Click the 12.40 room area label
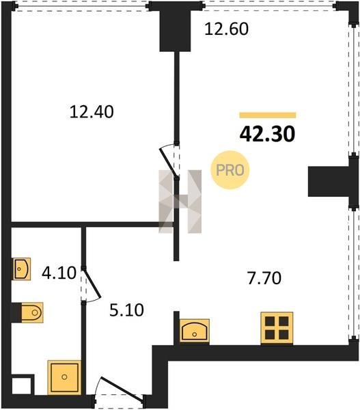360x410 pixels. (92, 111)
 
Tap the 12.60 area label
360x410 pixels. (226, 29)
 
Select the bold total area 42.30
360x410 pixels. (267, 134)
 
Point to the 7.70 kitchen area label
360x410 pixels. (264, 278)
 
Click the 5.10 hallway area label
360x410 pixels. (126, 310)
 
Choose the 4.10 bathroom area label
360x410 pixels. (59, 273)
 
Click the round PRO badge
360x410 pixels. (230, 170)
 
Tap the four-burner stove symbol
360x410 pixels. (277, 328)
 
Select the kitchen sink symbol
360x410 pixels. (194, 331)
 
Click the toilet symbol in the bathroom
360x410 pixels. (32, 312)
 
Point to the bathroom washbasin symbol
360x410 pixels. (22, 269)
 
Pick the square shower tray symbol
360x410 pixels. (64, 377)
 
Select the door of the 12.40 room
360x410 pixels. (168, 161)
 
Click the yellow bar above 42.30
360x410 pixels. (268, 115)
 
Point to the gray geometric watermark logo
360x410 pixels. (180, 202)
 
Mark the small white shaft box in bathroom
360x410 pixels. (23, 385)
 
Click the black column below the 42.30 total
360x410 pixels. (329, 181)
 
